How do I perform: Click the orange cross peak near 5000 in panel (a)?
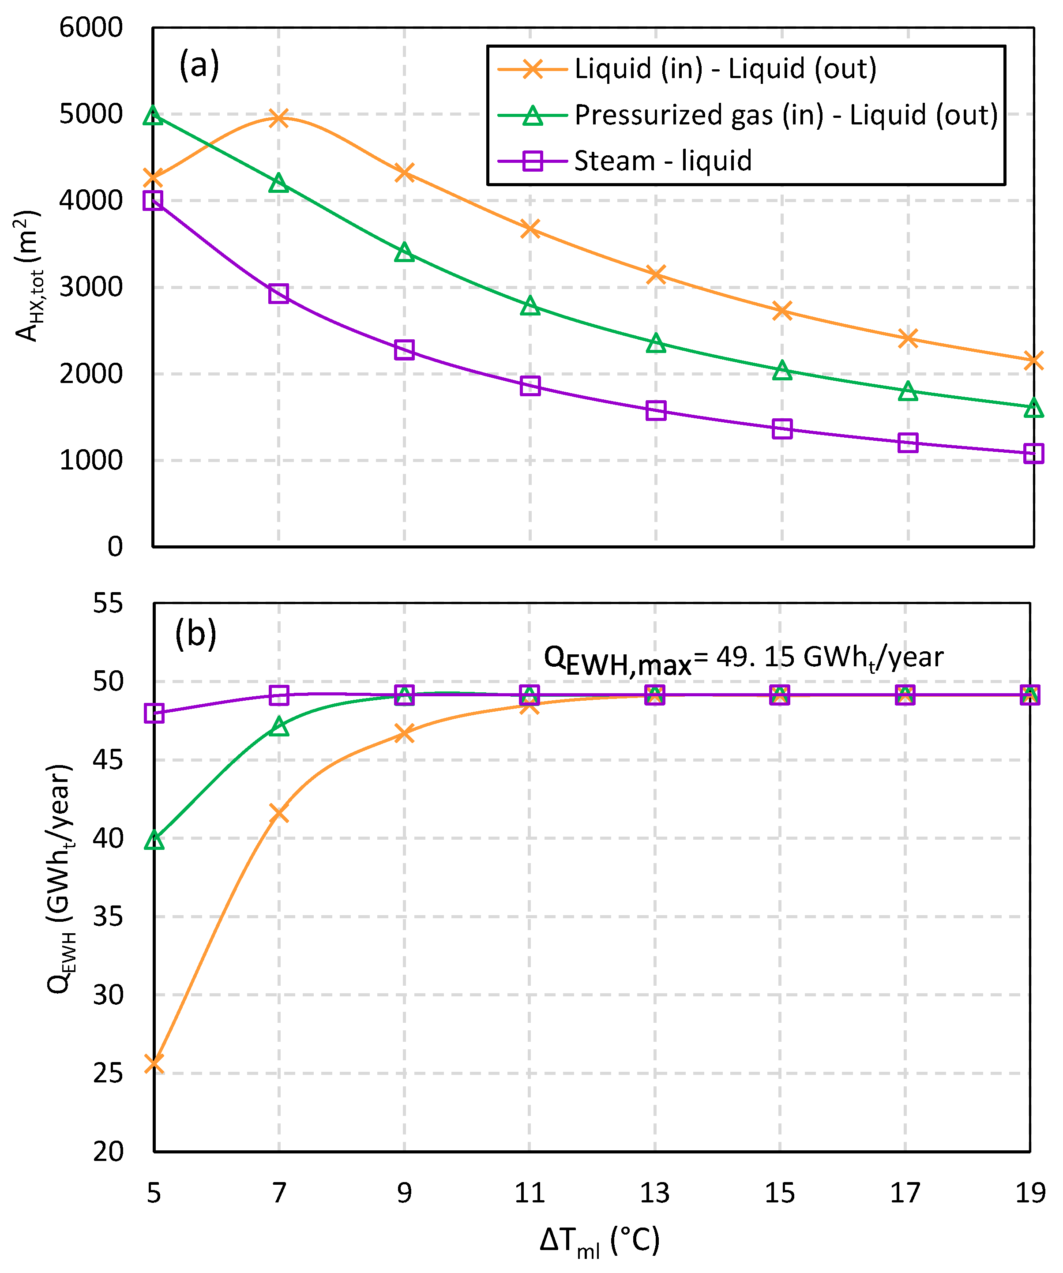(279, 118)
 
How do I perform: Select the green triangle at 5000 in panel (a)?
(153, 115)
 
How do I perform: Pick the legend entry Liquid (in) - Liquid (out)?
(725, 68)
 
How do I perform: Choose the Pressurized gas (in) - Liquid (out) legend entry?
(785, 115)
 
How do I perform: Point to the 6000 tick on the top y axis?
(91, 28)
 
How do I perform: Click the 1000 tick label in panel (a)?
(91, 461)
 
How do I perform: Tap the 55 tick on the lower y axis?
(108, 603)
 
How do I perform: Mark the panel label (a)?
(199, 65)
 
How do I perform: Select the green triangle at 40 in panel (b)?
(154, 840)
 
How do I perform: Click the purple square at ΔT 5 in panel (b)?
(154, 713)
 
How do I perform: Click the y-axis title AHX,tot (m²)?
(27, 276)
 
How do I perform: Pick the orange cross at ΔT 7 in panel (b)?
(279, 813)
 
